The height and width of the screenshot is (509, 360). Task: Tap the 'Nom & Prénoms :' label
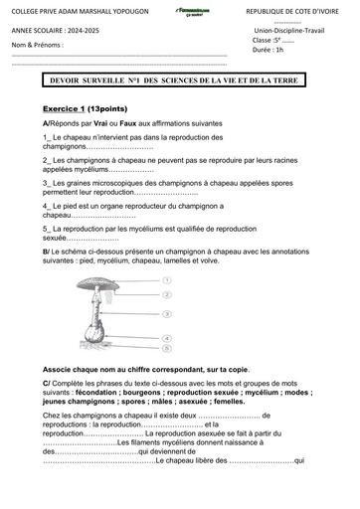38,46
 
